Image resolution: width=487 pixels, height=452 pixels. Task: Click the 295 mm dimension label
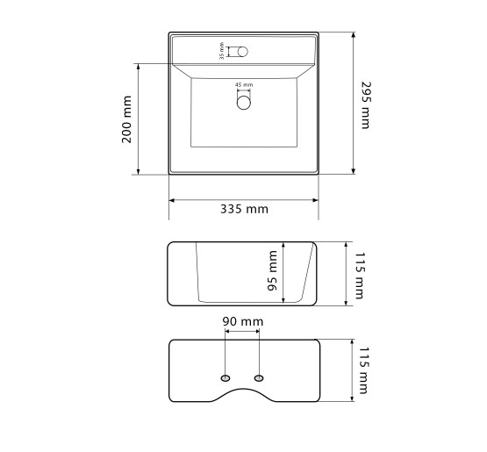click(x=366, y=105)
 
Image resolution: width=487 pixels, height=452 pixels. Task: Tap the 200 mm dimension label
click(x=126, y=119)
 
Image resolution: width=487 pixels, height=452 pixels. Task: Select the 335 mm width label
click(x=244, y=209)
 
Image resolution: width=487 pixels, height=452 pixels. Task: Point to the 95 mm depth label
click(x=272, y=270)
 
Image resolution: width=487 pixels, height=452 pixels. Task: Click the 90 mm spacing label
click(x=243, y=321)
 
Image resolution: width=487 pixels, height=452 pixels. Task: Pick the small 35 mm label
click(x=221, y=51)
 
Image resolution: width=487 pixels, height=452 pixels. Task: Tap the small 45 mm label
click(x=244, y=84)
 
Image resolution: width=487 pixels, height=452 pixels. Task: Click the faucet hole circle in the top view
click(x=243, y=52)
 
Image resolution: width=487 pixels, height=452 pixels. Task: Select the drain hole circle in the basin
click(x=244, y=103)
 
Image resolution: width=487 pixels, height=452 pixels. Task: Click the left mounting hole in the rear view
click(x=226, y=378)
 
